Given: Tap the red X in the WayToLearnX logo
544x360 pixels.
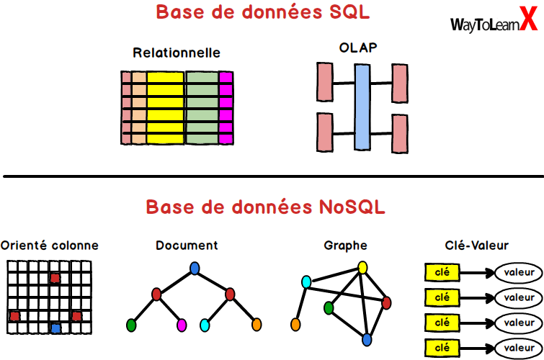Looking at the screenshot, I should [529, 22].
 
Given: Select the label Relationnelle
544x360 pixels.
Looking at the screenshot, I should [177, 53].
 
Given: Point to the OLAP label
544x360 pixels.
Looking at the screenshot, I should [359, 48].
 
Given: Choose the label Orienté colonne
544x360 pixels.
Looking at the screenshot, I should [50, 246].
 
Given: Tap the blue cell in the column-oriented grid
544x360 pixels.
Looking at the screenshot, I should [56, 328].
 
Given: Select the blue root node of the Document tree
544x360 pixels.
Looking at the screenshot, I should [194, 268].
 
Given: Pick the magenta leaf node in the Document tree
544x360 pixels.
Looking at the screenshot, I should [182, 325].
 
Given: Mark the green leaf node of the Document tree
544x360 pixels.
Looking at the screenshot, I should [131, 325].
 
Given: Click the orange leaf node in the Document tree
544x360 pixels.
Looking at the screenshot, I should [256, 325].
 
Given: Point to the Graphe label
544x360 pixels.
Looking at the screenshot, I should [345, 246].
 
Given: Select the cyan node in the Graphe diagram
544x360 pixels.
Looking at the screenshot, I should [306, 281].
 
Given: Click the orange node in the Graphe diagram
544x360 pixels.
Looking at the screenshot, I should [295, 325].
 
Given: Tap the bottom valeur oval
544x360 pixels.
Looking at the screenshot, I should [518, 348].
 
